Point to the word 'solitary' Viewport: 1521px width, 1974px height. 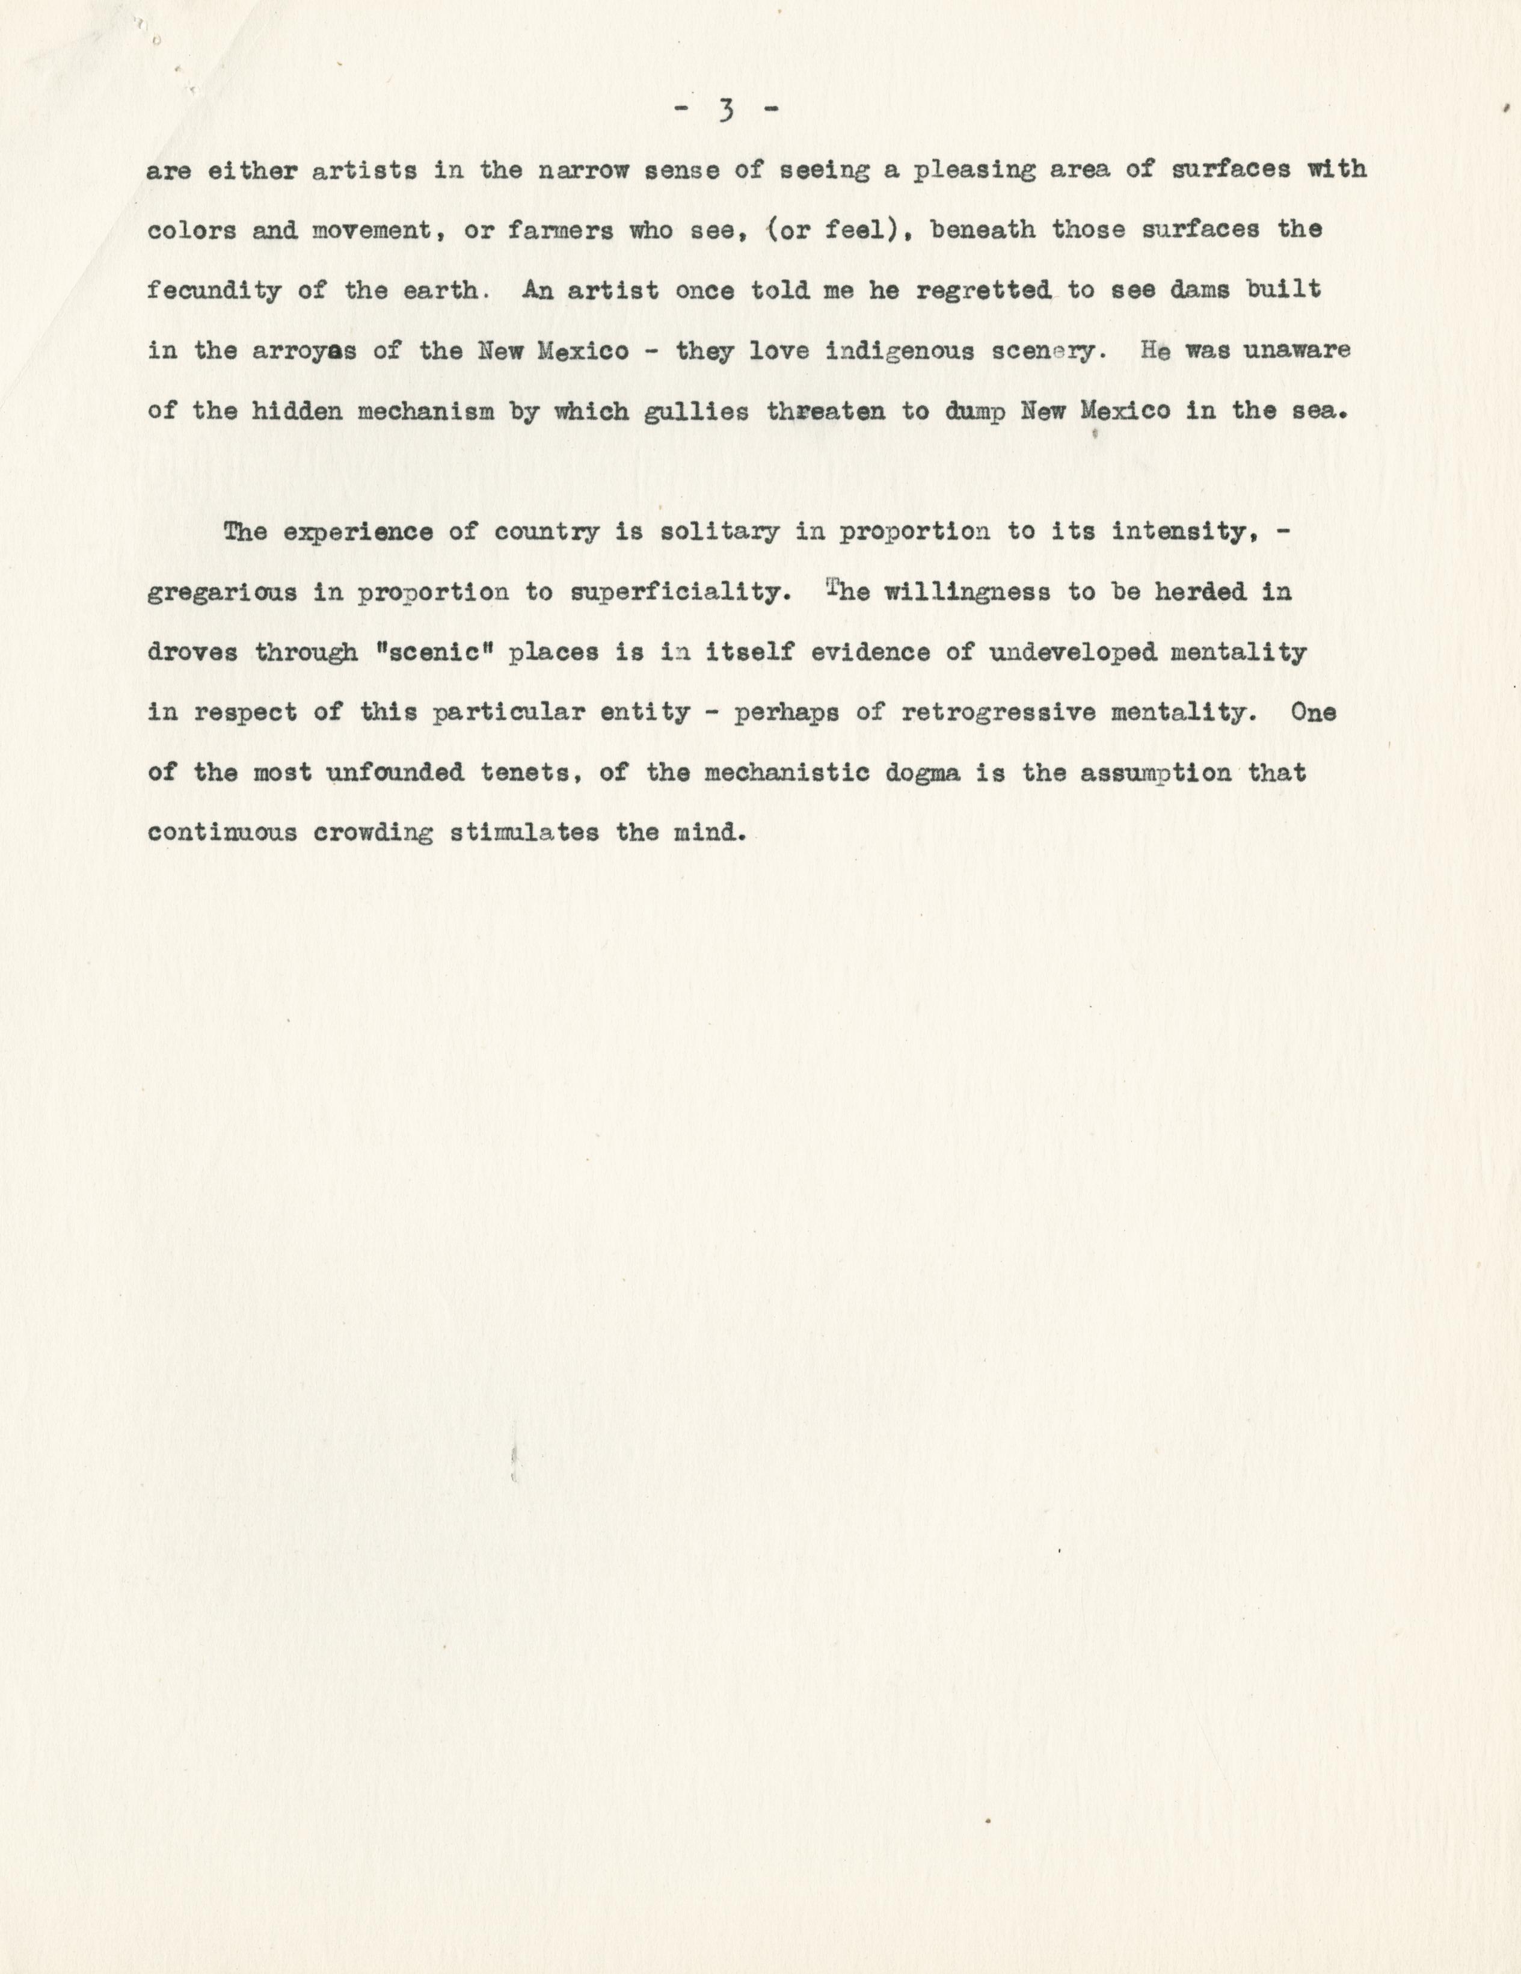pyautogui.click(x=719, y=531)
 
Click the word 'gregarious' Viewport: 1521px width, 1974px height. pyautogui.click(x=221, y=593)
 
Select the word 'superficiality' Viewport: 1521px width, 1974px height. pyautogui.click(x=675, y=593)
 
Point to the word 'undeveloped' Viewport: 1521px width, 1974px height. pyautogui.click(x=1074, y=653)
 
